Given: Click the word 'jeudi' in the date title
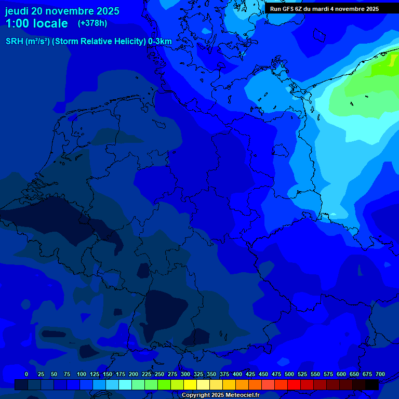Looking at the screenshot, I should (x=17, y=11).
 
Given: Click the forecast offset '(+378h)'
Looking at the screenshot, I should (x=92, y=23).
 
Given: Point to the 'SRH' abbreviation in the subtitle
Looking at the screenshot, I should (x=15, y=42).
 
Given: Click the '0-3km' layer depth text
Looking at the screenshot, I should (x=159, y=42).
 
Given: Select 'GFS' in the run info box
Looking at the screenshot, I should (x=289, y=9).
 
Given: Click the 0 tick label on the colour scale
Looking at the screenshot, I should (x=26, y=374).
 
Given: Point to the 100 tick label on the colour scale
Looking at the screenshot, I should (x=81, y=374).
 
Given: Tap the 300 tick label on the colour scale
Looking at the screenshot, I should (x=185, y=374).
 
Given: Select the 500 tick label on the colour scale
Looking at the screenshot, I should (x=289, y=374).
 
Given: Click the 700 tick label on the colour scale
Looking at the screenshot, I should (x=380, y=374).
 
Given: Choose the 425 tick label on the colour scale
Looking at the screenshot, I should (x=250, y=374).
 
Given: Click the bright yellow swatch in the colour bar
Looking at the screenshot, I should (x=190, y=384).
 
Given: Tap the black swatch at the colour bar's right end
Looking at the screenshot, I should (x=372, y=384).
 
